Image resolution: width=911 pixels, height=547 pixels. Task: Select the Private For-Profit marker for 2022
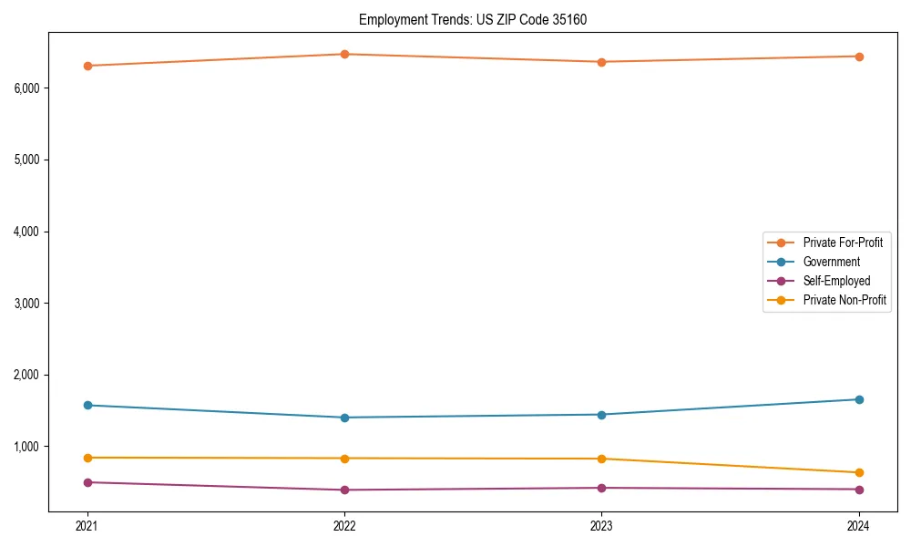click(344, 54)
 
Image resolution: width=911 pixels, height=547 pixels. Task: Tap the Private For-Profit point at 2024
click(859, 57)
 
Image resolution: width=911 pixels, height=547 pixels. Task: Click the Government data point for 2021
click(87, 405)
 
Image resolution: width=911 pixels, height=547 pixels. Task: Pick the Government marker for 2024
click(859, 399)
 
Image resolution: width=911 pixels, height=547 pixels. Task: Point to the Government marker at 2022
click(344, 418)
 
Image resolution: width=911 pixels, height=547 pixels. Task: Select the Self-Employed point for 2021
click(87, 482)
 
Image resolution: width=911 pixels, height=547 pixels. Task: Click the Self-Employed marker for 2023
click(601, 488)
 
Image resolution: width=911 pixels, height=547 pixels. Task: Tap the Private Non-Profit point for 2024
click(859, 472)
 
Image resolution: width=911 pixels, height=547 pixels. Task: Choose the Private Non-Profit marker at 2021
click(87, 458)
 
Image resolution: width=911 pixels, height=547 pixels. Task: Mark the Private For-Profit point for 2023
click(601, 62)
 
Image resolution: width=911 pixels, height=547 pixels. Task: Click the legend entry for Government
click(831, 262)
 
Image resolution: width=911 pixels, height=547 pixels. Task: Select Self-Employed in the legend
click(836, 281)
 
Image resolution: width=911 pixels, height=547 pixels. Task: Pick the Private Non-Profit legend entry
click(844, 300)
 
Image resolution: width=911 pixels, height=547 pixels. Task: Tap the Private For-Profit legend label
click(843, 243)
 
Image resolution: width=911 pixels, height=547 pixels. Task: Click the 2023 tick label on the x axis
click(601, 525)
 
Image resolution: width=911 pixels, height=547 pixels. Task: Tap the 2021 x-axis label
click(87, 525)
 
